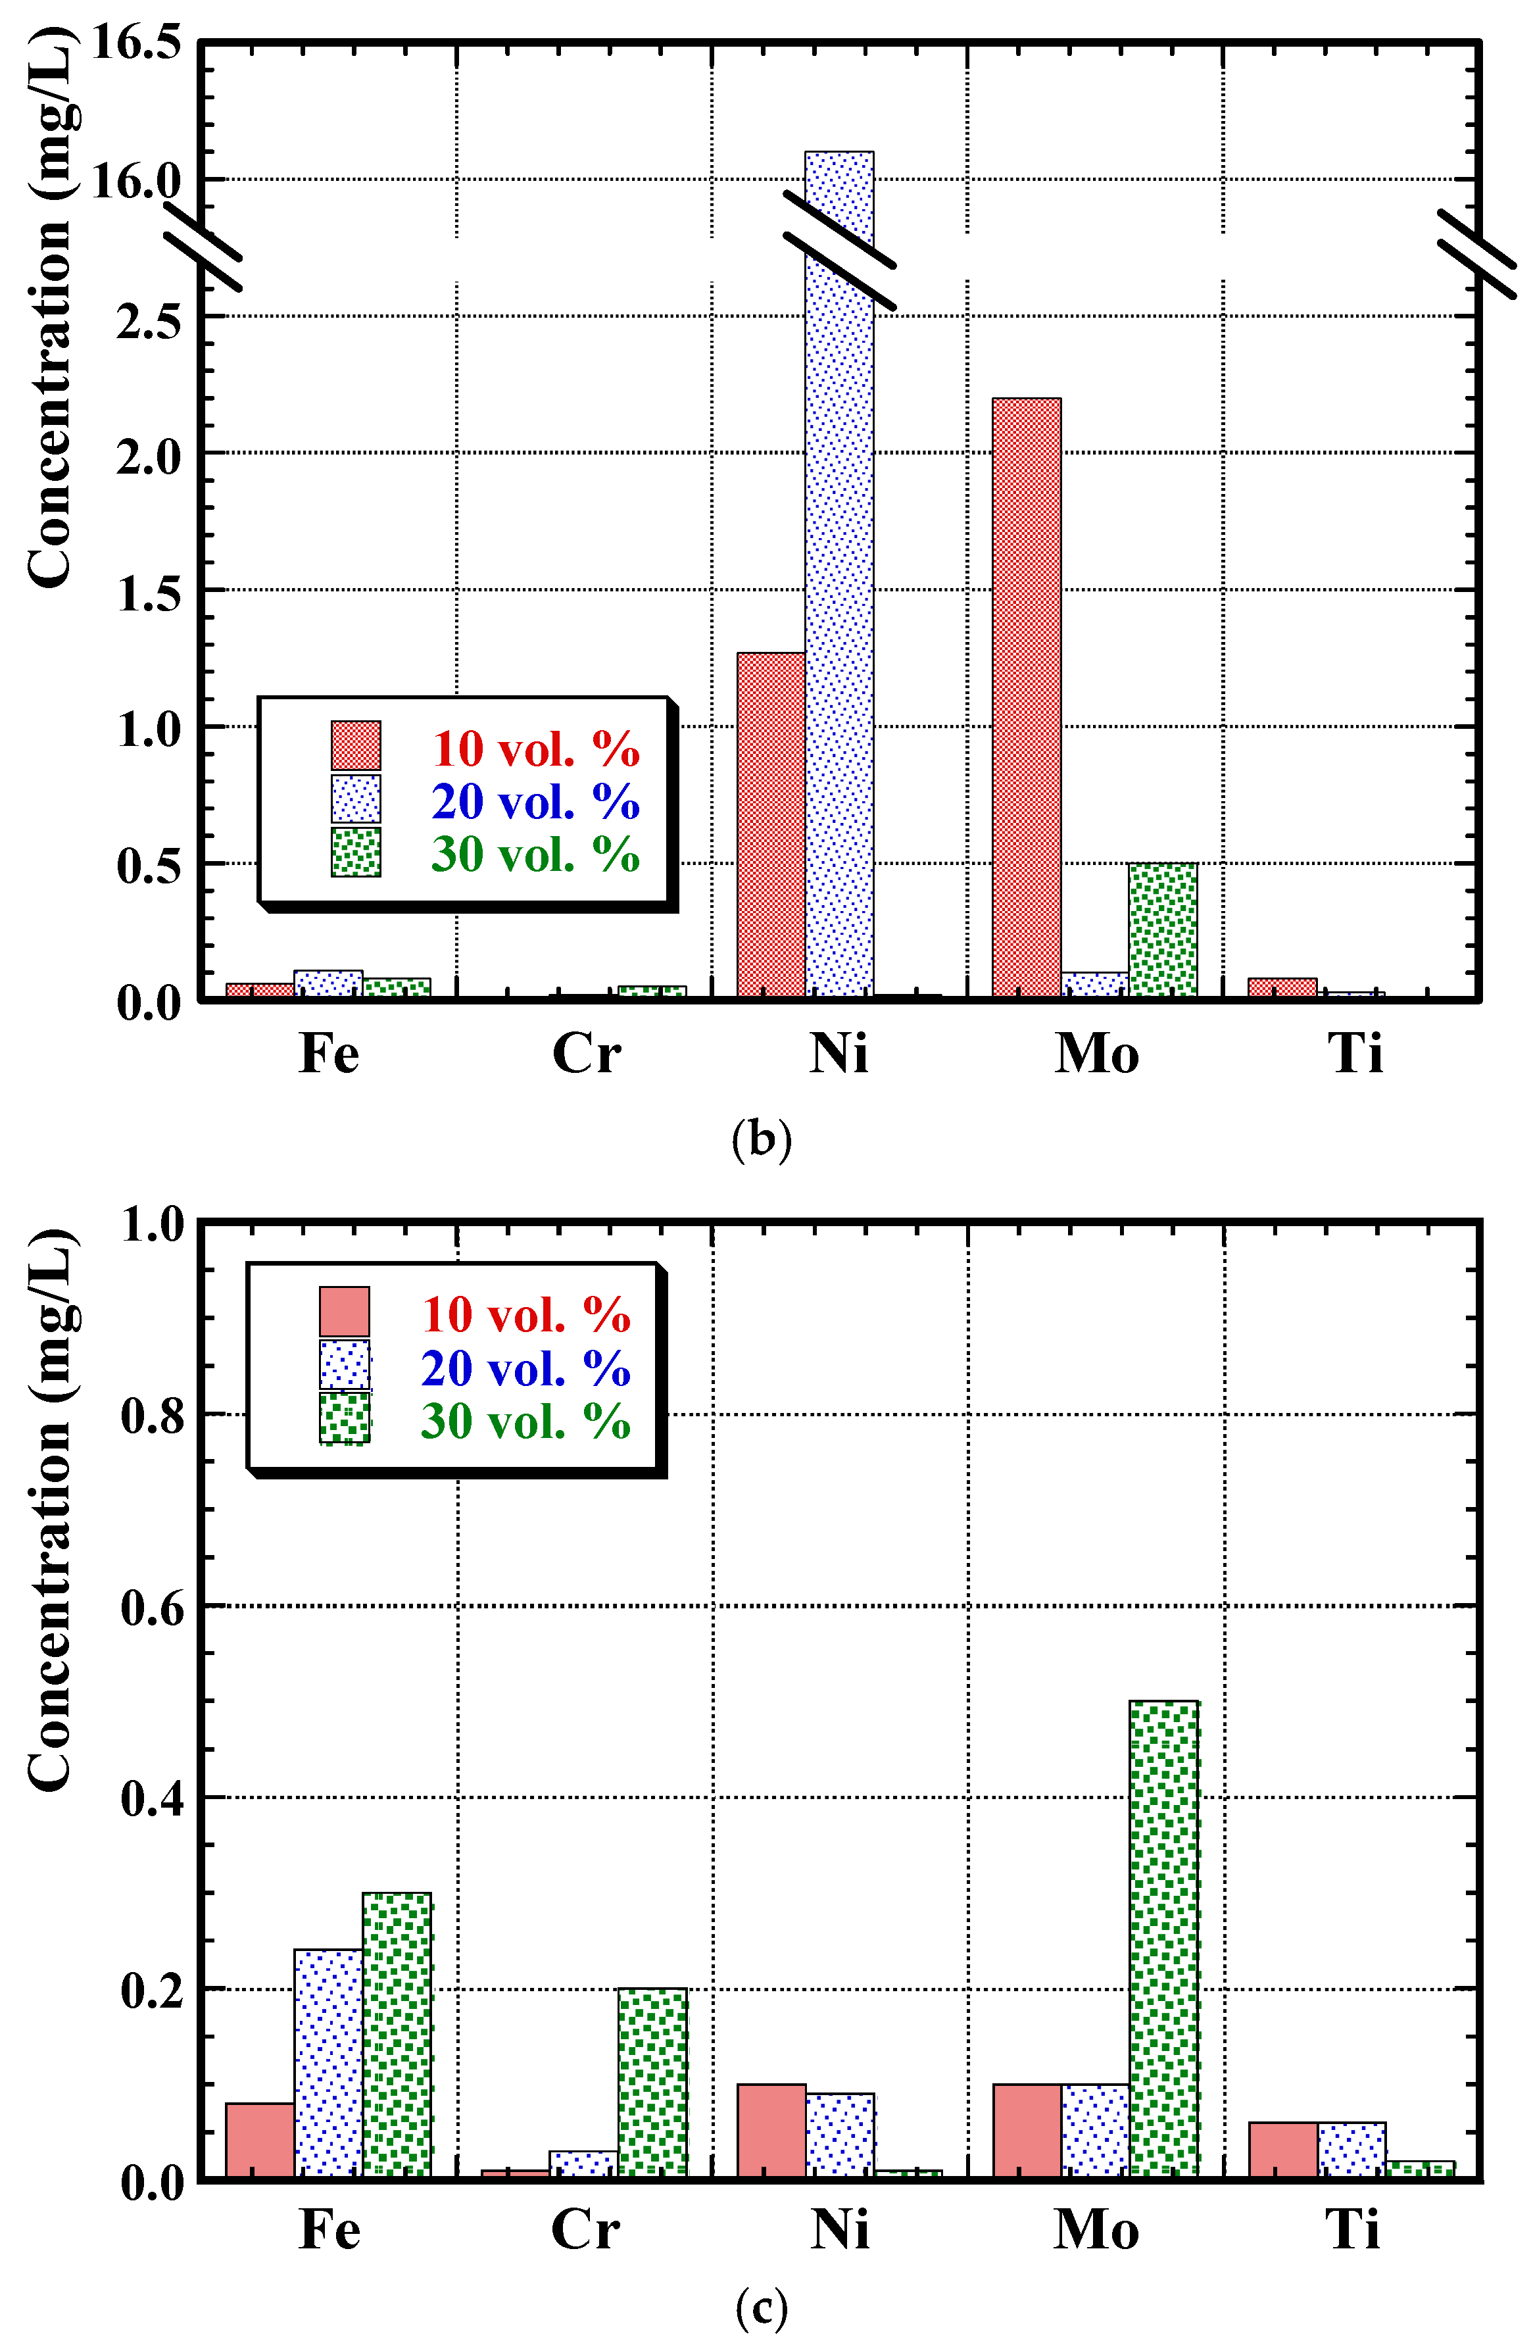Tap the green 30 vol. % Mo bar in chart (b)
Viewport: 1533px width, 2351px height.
click(x=1163, y=929)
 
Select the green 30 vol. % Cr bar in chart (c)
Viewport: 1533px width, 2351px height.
click(x=652, y=2085)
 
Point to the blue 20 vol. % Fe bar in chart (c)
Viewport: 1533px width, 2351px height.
click(x=328, y=2065)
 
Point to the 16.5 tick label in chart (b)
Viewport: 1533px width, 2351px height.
click(x=136, y=43)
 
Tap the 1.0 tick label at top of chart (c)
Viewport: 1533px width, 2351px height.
click(x=151, y=1225)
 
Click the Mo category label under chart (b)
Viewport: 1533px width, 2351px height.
click(x=1096, y=1054)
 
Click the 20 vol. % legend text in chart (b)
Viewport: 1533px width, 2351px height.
click(x=535, y=801)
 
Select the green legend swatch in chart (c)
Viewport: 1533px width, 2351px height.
click(x=344, y=1418)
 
